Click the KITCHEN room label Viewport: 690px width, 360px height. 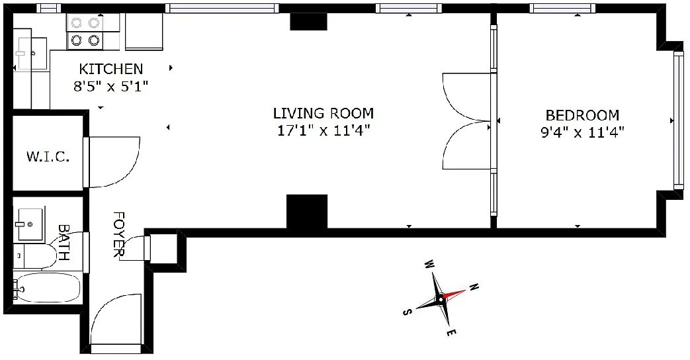(x=111, y=69)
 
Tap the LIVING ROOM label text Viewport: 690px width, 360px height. (x=323, y=113)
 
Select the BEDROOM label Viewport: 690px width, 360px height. (x=582, y=115)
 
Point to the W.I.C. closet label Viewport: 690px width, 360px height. (x=48, y=156)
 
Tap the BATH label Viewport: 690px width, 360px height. (x=64, y=242)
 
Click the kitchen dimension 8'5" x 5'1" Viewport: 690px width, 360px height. (x=110, y=86)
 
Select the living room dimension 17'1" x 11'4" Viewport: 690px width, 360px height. (x=323, y=131)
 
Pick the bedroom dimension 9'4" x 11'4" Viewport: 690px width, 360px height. (x=582, y=132)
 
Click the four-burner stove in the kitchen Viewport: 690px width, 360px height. (x=85, y=32)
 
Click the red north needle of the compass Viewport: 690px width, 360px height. (x=453, y=294)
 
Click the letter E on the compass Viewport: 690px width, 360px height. (x=450, y=333)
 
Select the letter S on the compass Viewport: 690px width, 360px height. (x=407, y=312)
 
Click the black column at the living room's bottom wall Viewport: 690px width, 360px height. (x=307, y=211)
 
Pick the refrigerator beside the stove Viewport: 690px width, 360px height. (x=144, y=32)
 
